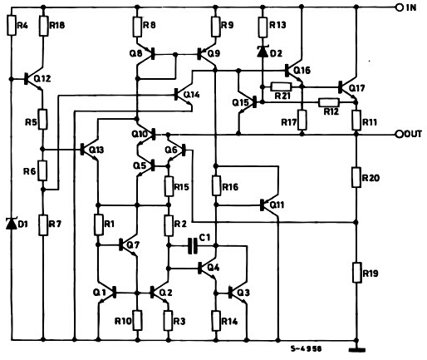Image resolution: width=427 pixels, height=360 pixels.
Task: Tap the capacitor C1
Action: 194,246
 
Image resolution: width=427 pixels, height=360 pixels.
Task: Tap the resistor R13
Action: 263,27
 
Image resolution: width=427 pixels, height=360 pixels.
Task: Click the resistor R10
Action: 138,319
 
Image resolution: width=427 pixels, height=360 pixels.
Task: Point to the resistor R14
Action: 216,320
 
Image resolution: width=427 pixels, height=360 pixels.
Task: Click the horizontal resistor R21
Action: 281,86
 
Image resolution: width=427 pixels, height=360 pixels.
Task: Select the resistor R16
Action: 216,187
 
